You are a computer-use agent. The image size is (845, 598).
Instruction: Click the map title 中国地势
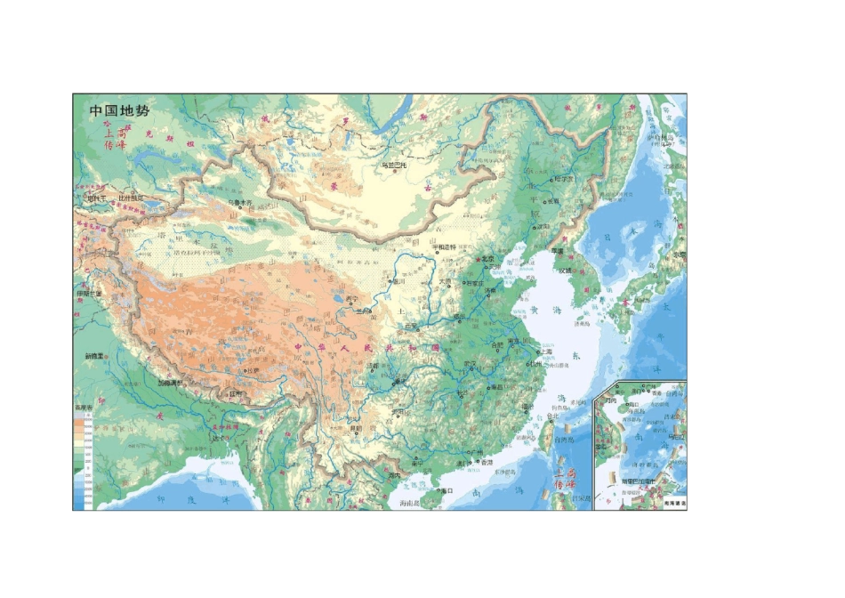coord(119,111)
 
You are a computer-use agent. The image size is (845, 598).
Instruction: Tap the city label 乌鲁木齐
coord(242,202)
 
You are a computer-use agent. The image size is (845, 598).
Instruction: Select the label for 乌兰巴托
coord(393,165)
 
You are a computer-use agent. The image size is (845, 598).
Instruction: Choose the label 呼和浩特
coord(444,246)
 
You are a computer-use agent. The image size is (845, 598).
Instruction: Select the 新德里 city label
coord(96,356)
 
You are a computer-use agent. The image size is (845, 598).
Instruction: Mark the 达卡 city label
coord(220,438)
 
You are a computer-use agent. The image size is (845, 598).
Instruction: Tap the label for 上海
coord(543,352)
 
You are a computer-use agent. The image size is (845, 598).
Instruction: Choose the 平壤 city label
coord(558,251)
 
